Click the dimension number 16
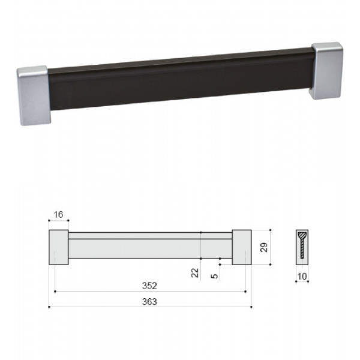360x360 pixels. (x=58, y=215)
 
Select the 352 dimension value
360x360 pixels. (x=149, y=286)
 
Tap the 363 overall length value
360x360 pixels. (x=149, y=301)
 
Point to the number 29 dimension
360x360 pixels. (x=264, y=247)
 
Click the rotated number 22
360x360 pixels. (x=195, y=273)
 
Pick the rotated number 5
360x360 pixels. (x=214, y=276)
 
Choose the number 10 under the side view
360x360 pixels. (x=302, y=276)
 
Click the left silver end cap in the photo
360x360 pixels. (x=34, y=95)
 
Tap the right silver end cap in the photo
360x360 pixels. (x=327, y=71)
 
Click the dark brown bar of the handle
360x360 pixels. (x=181, y=79)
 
